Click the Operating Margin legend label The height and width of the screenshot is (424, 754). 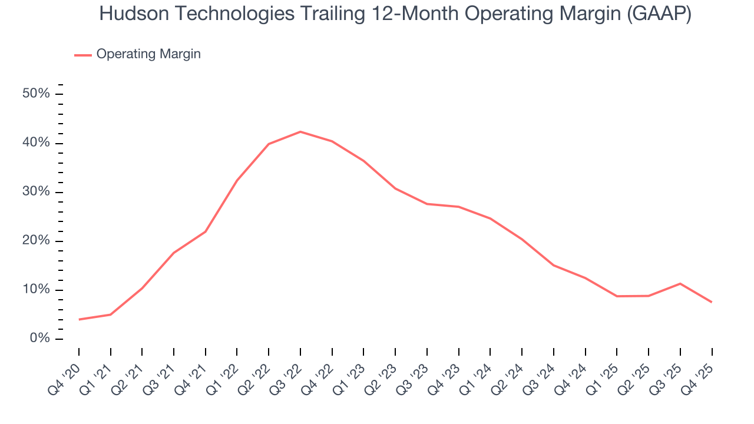click(x=148, y=54)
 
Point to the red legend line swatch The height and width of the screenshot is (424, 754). click(x=82, y=55)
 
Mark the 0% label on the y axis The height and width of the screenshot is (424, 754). click(x=41, y=339)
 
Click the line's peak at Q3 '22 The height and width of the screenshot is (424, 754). click(x=300, y=131)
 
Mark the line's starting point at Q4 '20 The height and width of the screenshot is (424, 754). click(x=79, y=319)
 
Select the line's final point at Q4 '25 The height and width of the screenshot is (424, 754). click(x=712, y=302)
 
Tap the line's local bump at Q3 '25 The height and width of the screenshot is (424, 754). click(x=680, y=283)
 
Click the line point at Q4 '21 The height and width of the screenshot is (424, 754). click(x=206, y=231)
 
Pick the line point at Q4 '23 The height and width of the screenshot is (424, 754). click(x=458, y=207)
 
